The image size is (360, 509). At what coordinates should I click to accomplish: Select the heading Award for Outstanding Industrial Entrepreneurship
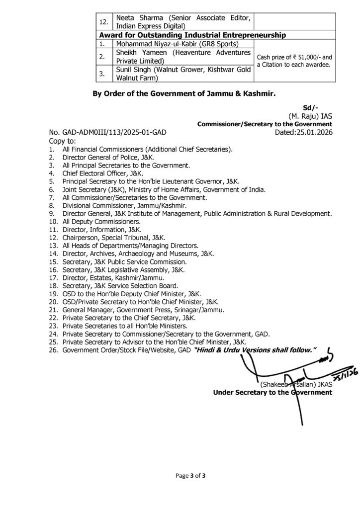coord(191,35)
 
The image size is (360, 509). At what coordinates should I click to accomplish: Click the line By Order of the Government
coord(184,93)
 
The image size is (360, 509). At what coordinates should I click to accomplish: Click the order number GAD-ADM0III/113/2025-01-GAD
coord(111,133)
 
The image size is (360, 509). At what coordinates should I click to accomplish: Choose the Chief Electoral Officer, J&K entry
coord(102,173)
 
